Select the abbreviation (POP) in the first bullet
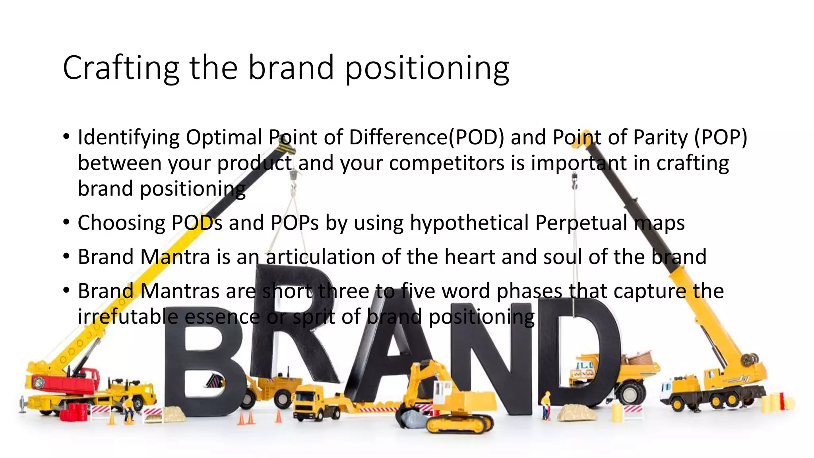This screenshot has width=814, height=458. pyautogui.click(x=721, y=138)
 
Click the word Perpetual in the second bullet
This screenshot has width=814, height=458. pyautogui.click(x=581, y=223)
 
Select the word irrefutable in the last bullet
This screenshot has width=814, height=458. pyautogui.click(x=128, y=317)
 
